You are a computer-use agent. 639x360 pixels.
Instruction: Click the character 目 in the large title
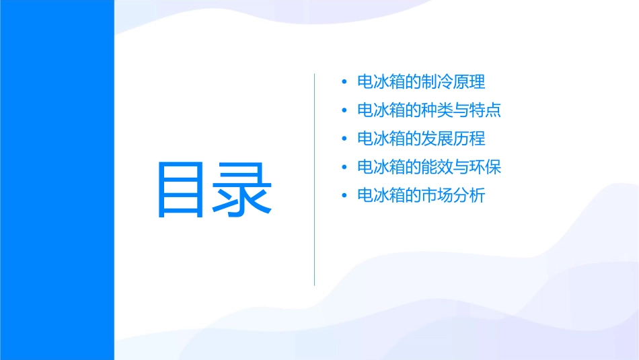182,189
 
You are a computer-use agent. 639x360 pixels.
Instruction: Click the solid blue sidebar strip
57,180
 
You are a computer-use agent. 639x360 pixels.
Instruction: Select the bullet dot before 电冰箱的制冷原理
344,82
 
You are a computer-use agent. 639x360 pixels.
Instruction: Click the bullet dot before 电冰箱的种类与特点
344,110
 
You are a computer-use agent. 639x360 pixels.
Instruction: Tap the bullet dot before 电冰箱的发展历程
344,139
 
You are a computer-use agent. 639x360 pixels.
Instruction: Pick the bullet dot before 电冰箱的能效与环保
344,167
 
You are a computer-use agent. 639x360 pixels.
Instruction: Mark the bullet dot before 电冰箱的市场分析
344,196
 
